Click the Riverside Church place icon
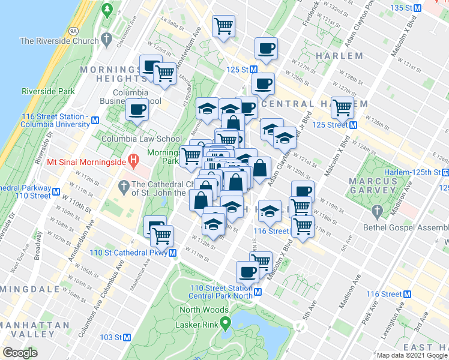[107, 40]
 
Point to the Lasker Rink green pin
[226, 325]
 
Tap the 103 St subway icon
[127, 338]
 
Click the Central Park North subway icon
[258, 292]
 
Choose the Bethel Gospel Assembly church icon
[377, 211]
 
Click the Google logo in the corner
[20, 352]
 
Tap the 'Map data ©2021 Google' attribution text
[412, 355]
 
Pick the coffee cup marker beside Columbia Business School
[137, 110]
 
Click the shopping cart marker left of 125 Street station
[342, 107]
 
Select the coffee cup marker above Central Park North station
[247, 272]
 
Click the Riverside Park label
[48, 91]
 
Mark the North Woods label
[205, 310]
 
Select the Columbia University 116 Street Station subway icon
[95, 120]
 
